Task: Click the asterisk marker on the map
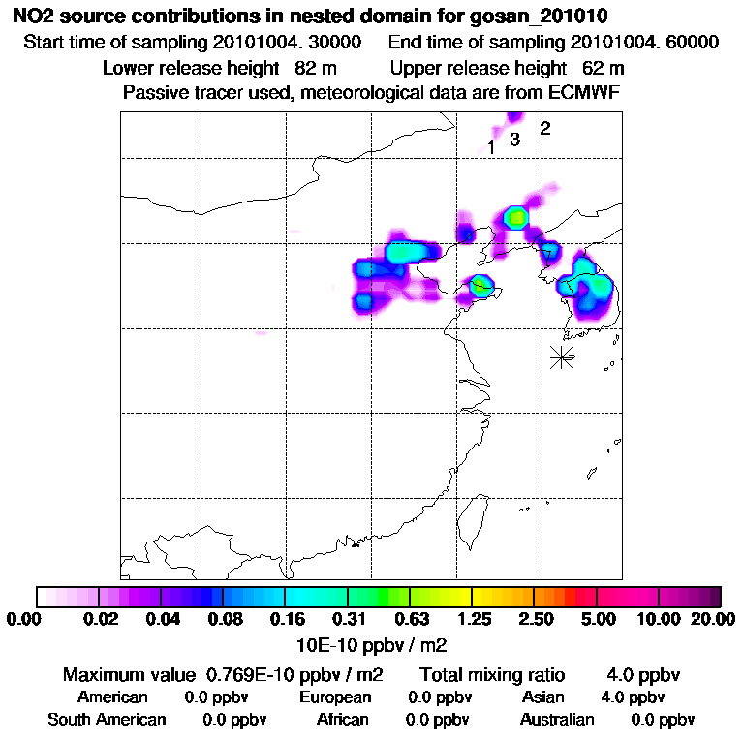tap(562, 356)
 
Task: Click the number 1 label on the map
tap(491, 148)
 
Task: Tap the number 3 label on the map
tap(515, 139)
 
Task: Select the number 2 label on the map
tap(545, 128)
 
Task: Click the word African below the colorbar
tap(342, 720)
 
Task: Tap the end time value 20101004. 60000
tap(644, 43)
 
